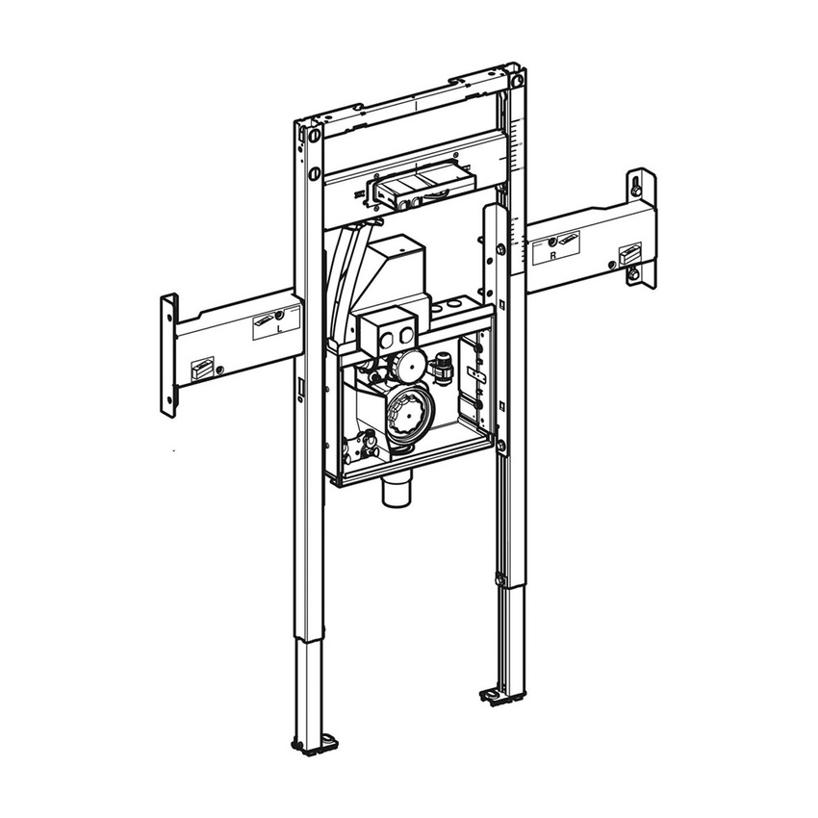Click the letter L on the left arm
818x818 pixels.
point(280,329)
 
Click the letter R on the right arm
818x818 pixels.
point(552,257)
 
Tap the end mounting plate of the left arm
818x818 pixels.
point(169,354)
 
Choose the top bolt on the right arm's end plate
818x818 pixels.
point(637,183)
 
